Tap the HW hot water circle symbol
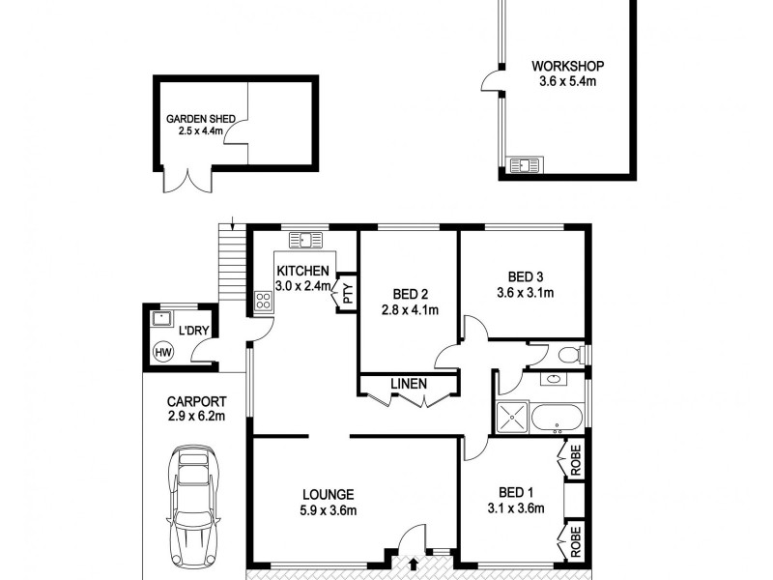point(163,352)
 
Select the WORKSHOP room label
point(567,67)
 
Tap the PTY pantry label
point(347,296)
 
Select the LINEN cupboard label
point(408,385)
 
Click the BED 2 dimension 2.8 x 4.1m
point(409,310)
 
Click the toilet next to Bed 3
point(571,355)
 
